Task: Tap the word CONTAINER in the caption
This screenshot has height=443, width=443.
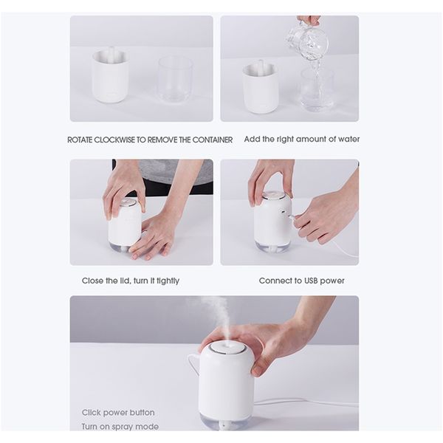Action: [213, 140]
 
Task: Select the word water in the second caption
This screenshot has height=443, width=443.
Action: [349, 139]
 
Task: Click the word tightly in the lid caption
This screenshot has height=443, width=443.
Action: [168, 281]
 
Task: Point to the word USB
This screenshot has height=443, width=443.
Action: [312, 281]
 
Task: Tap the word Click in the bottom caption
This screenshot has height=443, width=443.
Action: [90, 413]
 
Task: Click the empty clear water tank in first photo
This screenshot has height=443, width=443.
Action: [176, 80]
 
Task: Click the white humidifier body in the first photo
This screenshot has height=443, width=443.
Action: [111, 76]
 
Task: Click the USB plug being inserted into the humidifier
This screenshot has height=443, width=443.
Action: [292, 216]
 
